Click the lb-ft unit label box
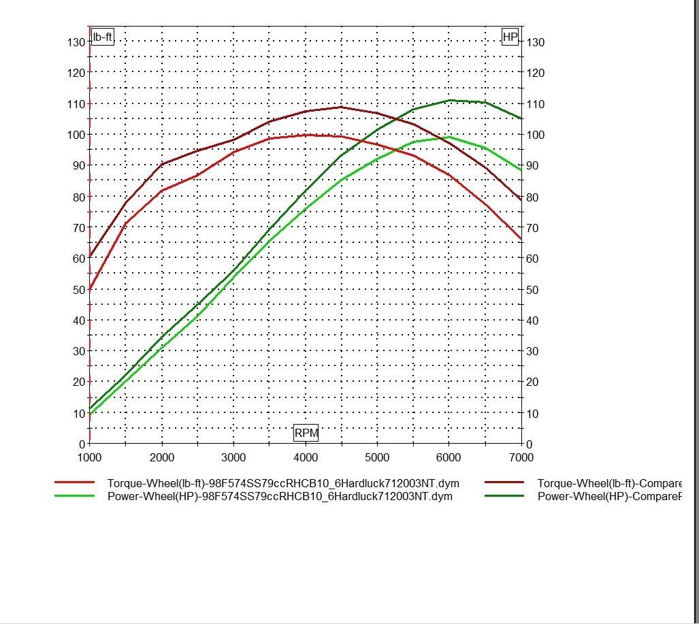[102, 37]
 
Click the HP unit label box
[510, 37]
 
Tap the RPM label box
[306, 433]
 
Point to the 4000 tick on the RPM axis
[306, 457]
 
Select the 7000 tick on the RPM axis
[521, 457]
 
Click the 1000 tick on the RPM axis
[90, 457]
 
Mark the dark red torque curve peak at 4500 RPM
[341, 107]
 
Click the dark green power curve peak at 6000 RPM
[449, 100]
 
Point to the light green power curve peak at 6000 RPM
[449, 137]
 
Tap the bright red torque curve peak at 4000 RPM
[306, 135]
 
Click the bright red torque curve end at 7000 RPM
[521, 239]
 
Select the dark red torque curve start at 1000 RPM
[91, 257]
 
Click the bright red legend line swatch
[74, 482]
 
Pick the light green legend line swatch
[74, 496]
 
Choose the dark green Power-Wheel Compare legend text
[609, 496]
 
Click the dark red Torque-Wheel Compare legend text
[609, 482]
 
